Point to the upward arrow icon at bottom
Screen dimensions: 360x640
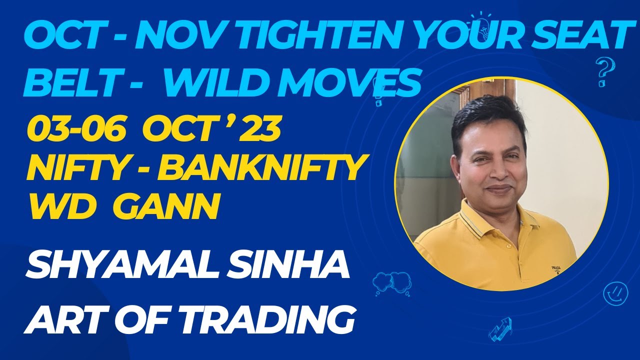(x=500, y=327)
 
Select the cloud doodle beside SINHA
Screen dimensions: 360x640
(x=388, y=282)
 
